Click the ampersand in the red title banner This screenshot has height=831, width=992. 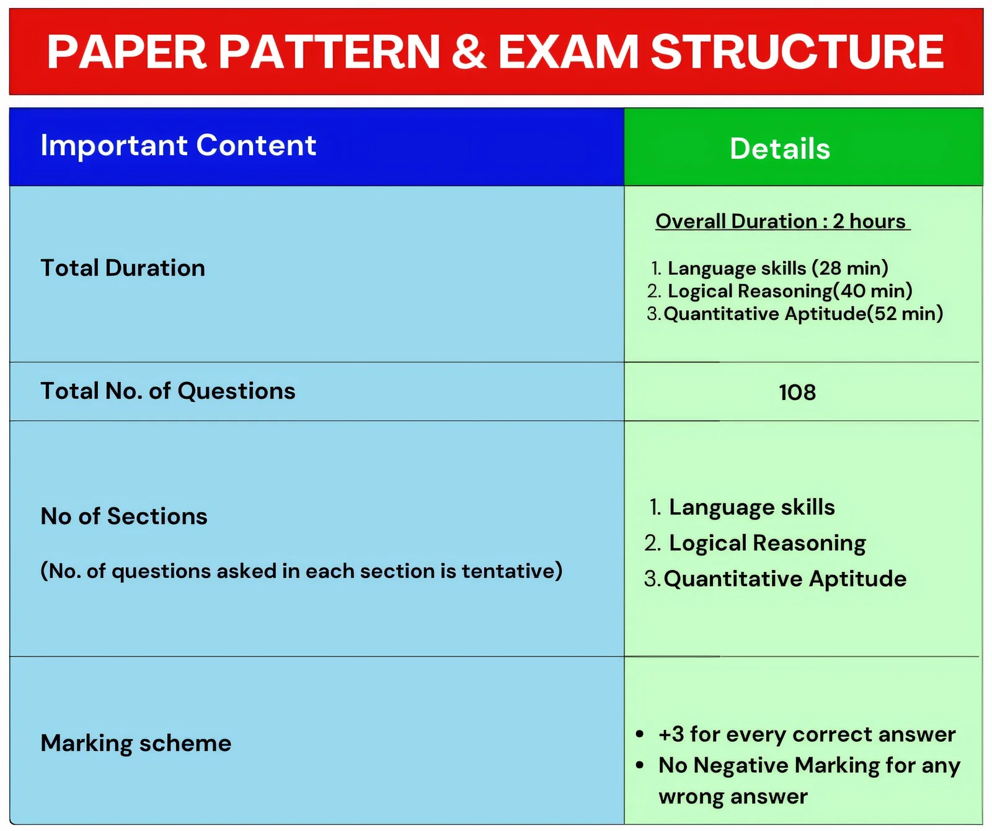point(469,51)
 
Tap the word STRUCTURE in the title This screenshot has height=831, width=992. point(797,51)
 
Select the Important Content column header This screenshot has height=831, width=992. point(179,145)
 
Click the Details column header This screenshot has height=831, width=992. point(780,149)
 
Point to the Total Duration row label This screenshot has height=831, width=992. point(123,268)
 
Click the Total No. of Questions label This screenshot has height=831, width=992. point(168,391)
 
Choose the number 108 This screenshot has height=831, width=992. point(797,393)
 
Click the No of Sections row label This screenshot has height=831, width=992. point(124,517)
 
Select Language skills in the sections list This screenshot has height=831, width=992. point(752,508)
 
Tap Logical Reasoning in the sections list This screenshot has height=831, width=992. point(768,544)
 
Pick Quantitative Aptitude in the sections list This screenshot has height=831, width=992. point(785,579)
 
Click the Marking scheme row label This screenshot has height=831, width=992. point(136,744)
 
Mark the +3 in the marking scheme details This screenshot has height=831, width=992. point(671,734)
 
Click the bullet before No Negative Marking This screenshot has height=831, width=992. point(640,766)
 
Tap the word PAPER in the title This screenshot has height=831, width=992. point(126,51)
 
